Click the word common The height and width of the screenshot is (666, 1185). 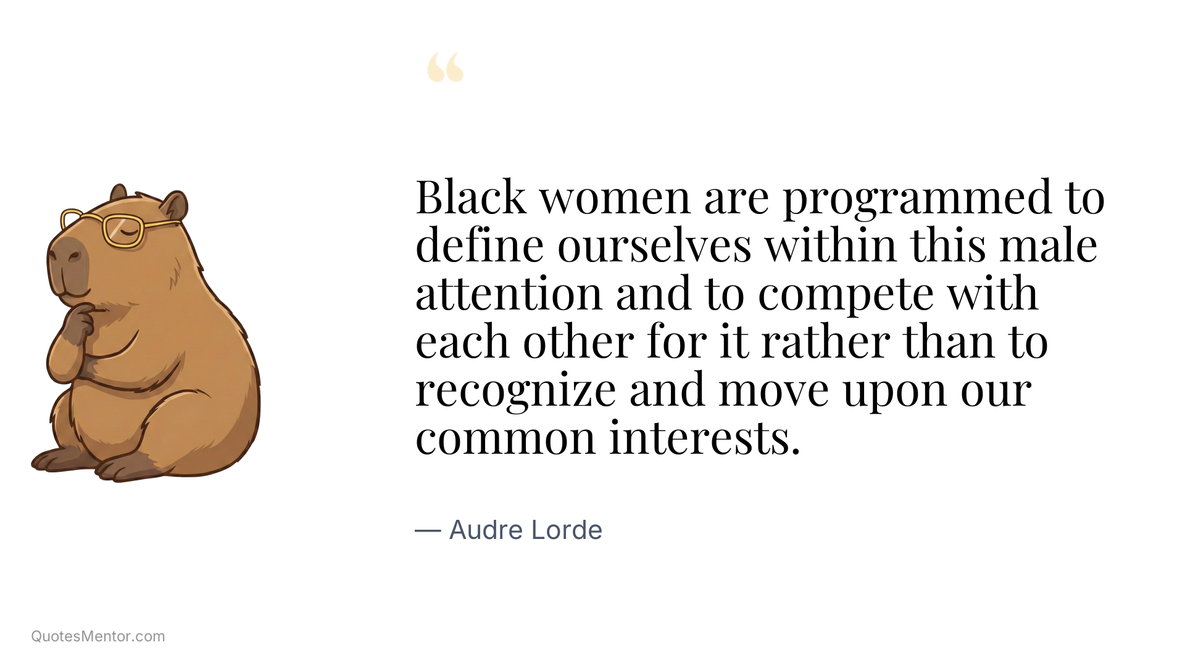tap(505, 438)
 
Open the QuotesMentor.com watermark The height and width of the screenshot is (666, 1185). tap(98, 636)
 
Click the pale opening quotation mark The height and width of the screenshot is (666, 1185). tap(445, 68)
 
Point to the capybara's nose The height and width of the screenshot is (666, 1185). tap(70, 254)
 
